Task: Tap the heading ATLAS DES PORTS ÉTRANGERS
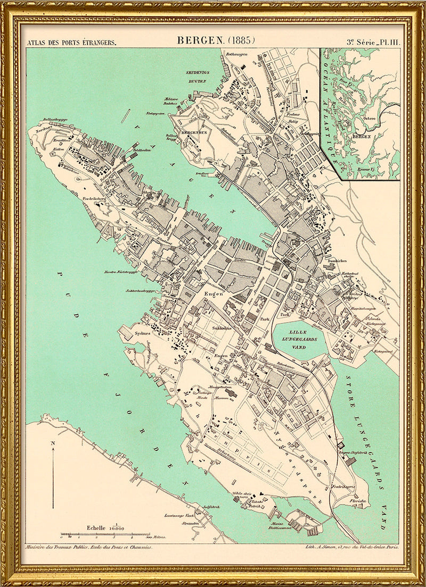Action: point(72,41)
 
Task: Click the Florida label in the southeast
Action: point(357,501)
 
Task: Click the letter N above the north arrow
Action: point(53,442)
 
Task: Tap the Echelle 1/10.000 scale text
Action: point(105,527)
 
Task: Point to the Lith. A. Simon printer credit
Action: point(346,547)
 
